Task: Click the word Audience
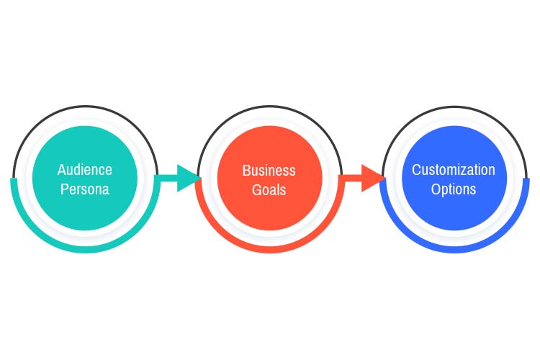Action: pos(85,170)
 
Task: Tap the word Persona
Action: pos(85,190)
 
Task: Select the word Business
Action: pos(269,171)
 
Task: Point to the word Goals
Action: pos(269,190)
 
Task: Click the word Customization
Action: pos(454,170)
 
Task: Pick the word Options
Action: pos(454,189)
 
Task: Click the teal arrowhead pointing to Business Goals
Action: pos(188,178)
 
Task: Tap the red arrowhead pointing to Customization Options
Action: pos(372,178)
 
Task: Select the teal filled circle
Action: pos(85,144)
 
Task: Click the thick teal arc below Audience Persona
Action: pos(85,249)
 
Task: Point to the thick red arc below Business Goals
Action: pos(269,249)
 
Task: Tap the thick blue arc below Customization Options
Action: pos(454,249)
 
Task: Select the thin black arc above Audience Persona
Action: pos(85,107)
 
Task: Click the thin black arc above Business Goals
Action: pos(269,107)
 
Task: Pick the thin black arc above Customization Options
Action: pos(454,107)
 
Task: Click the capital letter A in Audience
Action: pos(61,170)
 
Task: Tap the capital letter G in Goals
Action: pos(256,190)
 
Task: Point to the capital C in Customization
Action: pos(415,170)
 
